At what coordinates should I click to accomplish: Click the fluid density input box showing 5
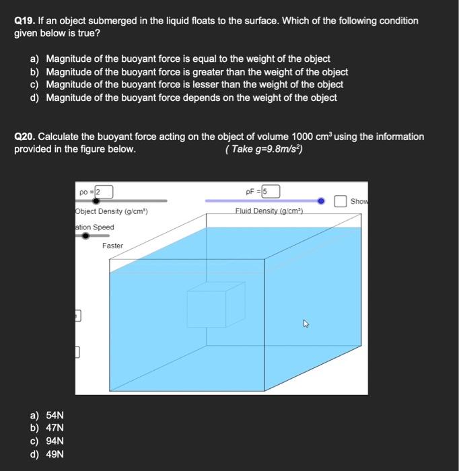(271, 192)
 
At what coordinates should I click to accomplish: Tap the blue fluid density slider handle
(321, 201)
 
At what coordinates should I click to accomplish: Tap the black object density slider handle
(96, 201)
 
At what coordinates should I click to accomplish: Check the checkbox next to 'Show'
(341, 201)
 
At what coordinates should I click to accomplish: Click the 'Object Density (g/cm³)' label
(112, 212)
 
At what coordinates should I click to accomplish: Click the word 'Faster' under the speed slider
(112, 246)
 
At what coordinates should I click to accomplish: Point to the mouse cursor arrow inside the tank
(306, 324)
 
